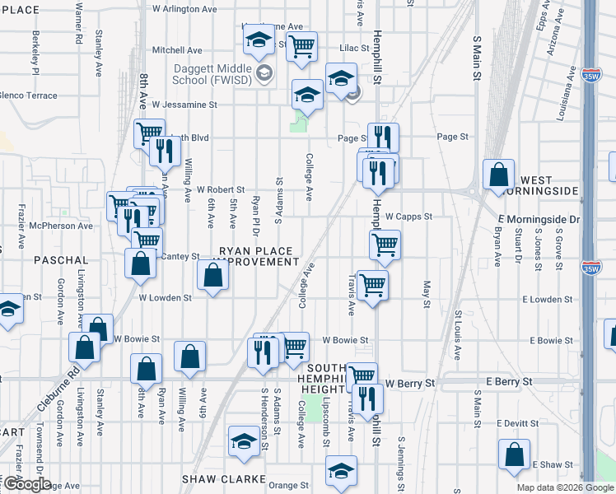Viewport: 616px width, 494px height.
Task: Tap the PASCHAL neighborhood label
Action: pos(55,259)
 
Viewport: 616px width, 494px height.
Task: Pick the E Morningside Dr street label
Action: pos(539,220)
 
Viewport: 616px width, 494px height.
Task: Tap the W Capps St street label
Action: pos(408,217)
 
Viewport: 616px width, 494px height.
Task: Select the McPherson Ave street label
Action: pos(61,226)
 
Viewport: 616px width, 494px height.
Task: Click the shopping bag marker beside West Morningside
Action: pos(498,175)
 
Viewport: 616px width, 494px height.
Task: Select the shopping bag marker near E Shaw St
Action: pos(514,454)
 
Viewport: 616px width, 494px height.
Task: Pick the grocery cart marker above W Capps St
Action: pos(385,244)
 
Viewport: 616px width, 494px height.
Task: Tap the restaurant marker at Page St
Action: pos(382,137)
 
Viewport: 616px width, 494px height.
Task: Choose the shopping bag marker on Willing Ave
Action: pos(189,357)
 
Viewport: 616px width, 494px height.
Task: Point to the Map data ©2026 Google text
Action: pos(565,487)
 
